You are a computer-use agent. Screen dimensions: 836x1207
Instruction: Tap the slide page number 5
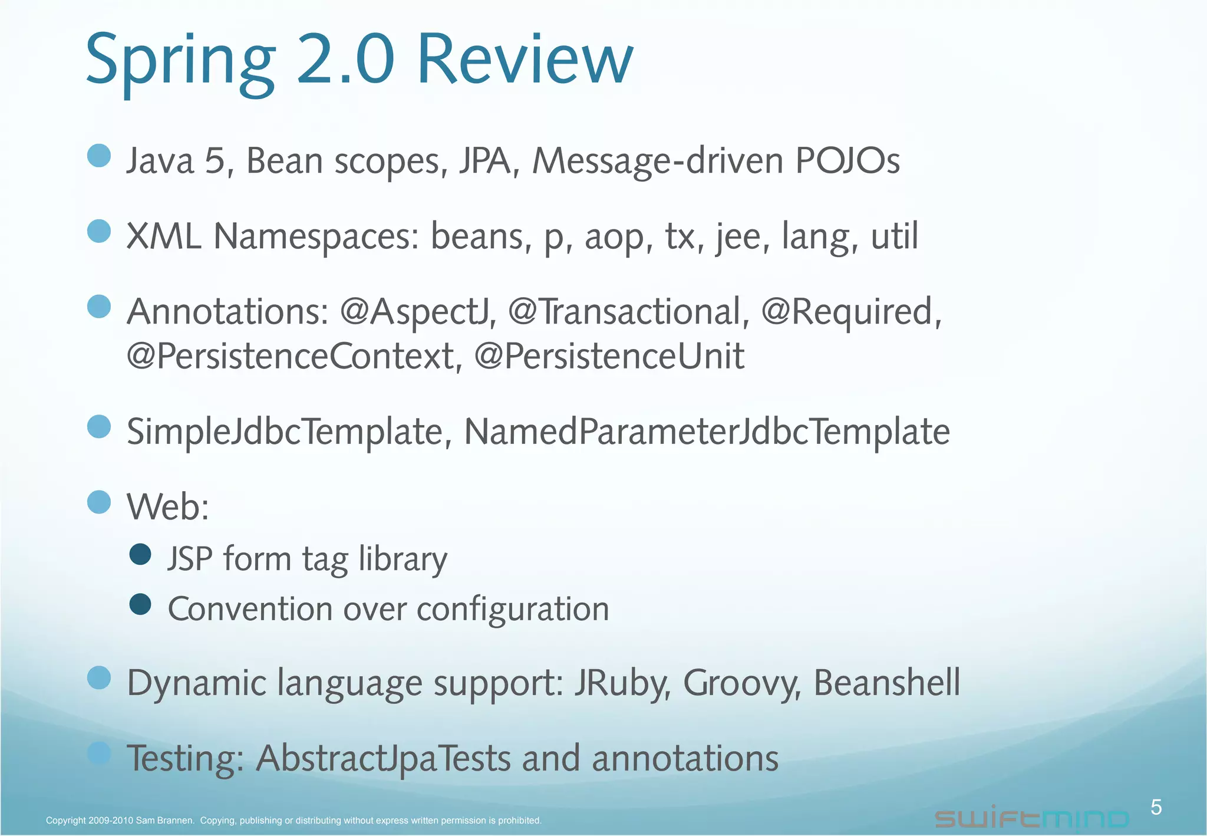1156,807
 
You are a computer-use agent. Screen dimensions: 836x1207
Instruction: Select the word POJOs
847,160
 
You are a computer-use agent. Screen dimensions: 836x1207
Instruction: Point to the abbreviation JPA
489,160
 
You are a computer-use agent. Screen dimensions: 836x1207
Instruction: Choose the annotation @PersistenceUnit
609,356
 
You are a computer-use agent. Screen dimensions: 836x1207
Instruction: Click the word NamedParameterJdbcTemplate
707,432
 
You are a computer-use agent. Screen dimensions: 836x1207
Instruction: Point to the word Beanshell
886,683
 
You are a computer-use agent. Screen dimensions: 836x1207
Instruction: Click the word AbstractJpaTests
383,758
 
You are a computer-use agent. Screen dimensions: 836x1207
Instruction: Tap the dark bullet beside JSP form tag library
140,554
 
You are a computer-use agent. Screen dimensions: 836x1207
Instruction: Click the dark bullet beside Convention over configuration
140,604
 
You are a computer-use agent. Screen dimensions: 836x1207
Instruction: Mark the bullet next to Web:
99,502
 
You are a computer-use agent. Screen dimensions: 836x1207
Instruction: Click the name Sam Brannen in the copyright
164,821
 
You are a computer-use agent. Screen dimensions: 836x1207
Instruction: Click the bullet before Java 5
99,156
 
